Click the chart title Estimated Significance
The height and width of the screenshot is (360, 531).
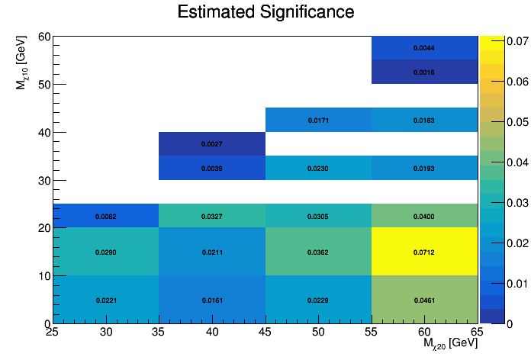[x=265, y=12]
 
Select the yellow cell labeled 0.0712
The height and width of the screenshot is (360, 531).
[x=424, y=252]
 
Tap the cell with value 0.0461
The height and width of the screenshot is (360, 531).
[x=424, y=300]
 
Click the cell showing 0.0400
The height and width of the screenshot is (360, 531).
[x=424, y=216]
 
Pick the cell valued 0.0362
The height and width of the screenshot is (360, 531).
[x=318, y=252]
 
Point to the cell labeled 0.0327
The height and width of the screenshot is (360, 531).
[x=212, y=216]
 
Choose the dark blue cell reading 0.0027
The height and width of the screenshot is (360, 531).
[x=212, y=143]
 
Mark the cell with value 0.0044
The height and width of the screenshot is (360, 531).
[x=424, y=48]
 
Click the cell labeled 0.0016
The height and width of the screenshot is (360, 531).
[x=424, y=72]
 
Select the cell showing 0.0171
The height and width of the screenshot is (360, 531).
[x=318, y=120]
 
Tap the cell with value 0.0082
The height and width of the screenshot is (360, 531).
[x=106, y=216]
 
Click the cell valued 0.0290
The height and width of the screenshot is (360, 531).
[x=106, y=252]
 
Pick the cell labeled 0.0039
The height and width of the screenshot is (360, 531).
[x=212, y=168]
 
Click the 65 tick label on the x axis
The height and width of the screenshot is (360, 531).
[x=477, y=332]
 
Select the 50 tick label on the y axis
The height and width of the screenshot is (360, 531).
[x=45, y=84]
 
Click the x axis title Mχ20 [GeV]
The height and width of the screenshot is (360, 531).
[x=450, y=344]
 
